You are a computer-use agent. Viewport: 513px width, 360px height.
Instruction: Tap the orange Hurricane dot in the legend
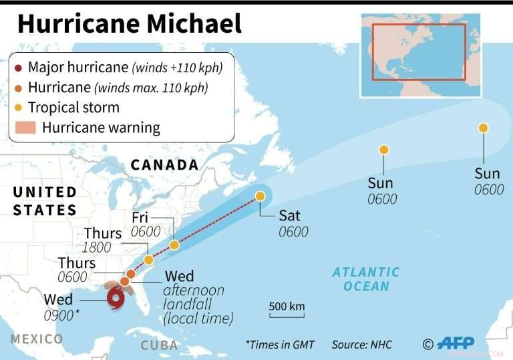[x=19, y=87]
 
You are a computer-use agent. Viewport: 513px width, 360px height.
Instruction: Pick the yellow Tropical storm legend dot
[x=19, y=107]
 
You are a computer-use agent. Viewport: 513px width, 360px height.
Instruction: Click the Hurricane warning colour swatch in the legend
[x=25, y=128]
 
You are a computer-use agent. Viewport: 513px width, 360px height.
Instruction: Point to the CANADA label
[x=165, y=165]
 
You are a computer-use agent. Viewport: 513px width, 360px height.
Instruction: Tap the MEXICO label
[x=36, y=339]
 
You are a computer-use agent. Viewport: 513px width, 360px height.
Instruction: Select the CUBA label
[x=160, y=345]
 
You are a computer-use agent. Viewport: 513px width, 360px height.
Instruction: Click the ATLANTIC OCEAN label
[x=365, y=279]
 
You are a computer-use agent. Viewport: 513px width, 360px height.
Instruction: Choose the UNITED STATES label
[x=45, y=201]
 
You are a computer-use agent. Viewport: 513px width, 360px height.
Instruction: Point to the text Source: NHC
[x=362, y=345]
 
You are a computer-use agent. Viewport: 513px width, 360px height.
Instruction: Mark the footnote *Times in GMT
[x=281, y=345]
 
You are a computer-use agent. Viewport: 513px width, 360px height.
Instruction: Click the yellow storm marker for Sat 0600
[x=261, y=196]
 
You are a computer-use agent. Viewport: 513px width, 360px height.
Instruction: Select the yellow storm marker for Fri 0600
[x=174, y=245]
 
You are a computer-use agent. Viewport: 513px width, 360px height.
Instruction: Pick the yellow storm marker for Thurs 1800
[x=149, y=259]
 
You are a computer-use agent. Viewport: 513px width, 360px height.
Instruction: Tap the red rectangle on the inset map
[x=419, y=51]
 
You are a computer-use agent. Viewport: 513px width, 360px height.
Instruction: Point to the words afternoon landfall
[x=194, y=297]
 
